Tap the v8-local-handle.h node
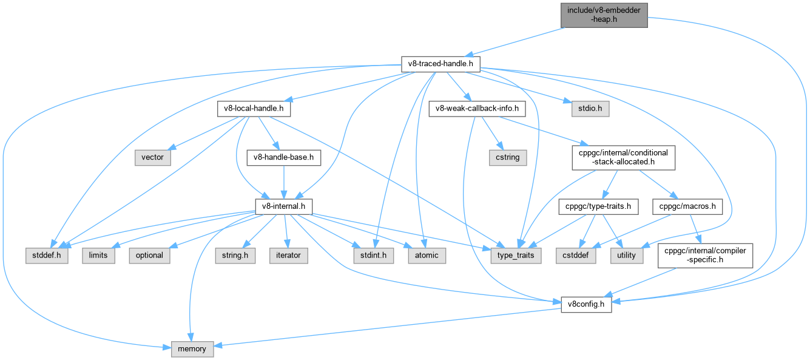point(254,109)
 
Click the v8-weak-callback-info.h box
point(476,109)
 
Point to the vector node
point(152,157)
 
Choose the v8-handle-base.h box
point(283,157)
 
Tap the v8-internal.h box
point(283,207)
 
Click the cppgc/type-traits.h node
point(598,207)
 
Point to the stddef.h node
point(47,255)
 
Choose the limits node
point(98,255)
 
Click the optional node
point(149,255)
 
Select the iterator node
point(288,255)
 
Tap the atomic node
point(427,255)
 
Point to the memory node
point(192,349)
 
